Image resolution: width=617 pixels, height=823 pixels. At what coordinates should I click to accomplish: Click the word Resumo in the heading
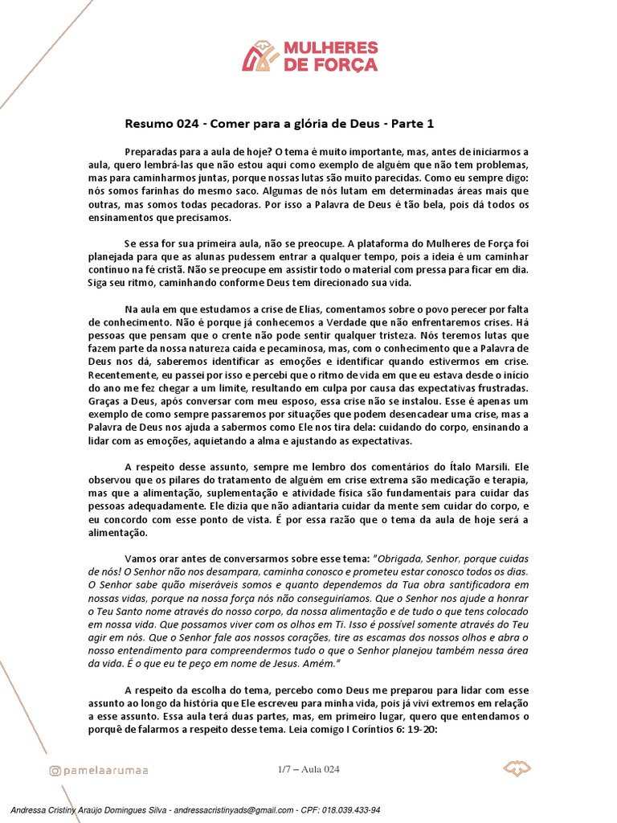click(149, 124)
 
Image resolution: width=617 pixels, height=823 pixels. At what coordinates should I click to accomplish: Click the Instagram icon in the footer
click(55, 771)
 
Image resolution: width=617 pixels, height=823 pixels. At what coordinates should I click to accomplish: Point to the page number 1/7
click(283, 770)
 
